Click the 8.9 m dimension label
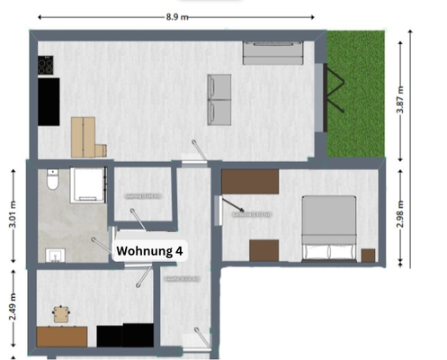pos(176,15)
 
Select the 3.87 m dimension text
pos(401,92)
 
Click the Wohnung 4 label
pos(148,253)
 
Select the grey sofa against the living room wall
pos(273,53)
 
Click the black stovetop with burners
pos(47,66)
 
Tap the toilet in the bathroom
pos(53,184)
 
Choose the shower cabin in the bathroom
pos(90,184)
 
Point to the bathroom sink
pos(55,256)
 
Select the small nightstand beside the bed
pos(367,255)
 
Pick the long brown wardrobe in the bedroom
pos(251,181)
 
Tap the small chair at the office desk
pos(61,314)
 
